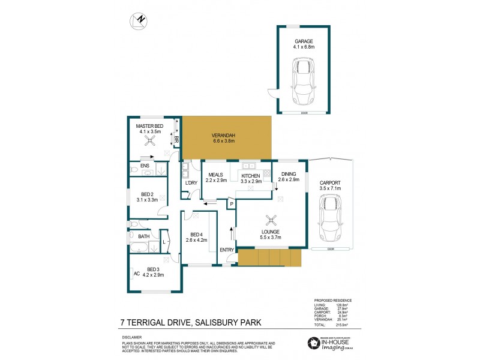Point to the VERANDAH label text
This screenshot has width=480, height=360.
pos(224,136)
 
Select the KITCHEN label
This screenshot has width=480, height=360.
pos(250,175)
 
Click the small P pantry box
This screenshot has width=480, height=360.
pos(230,205)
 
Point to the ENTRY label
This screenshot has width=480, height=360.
pos(227,250)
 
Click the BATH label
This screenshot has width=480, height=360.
pos(143,236)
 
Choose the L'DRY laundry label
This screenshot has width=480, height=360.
pos(191,182)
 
